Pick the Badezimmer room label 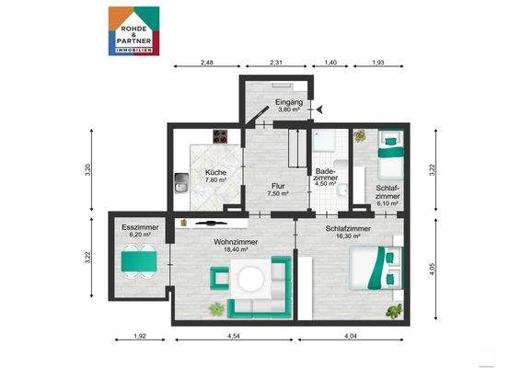coord(326,176)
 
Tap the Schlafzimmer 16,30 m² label coord(348,232)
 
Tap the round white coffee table coord(250,276)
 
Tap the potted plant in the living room coord(216,308)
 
